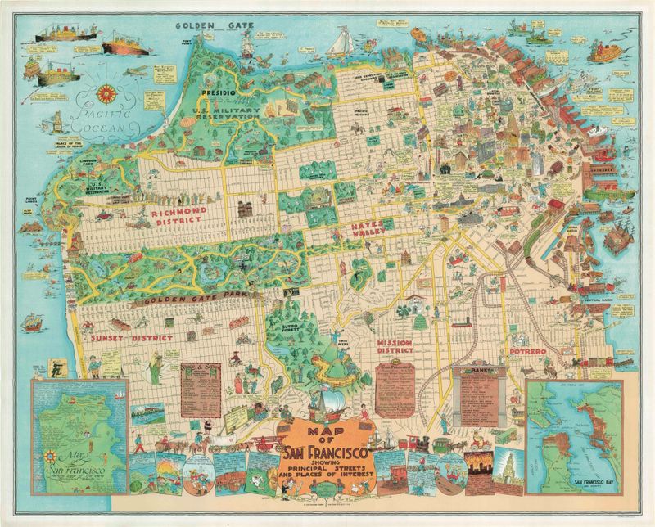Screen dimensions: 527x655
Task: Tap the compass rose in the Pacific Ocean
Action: coord(108,92)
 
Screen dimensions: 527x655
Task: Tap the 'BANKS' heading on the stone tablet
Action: coord(478,371)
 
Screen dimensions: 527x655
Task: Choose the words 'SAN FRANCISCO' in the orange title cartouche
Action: coord(327,453)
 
